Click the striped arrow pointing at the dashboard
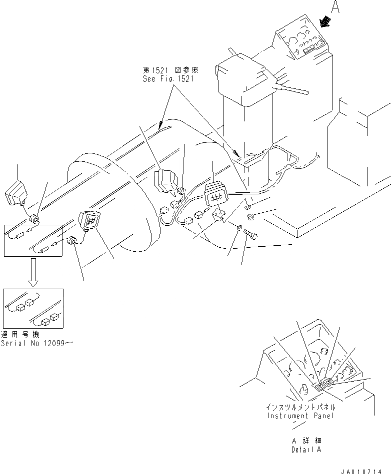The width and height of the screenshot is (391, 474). tap(326, 21)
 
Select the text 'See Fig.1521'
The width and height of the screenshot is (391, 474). tap(168, 79)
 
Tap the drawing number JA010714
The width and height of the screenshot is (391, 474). tap(364, 470)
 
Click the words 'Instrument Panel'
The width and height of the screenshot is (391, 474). tap(300, 416)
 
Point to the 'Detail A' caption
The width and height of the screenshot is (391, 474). tap(306, 449)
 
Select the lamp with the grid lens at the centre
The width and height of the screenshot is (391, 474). tap(215, 195)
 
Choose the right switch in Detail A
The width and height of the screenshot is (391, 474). tap(329, 382)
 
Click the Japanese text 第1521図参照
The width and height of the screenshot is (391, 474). tap(167, 71)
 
